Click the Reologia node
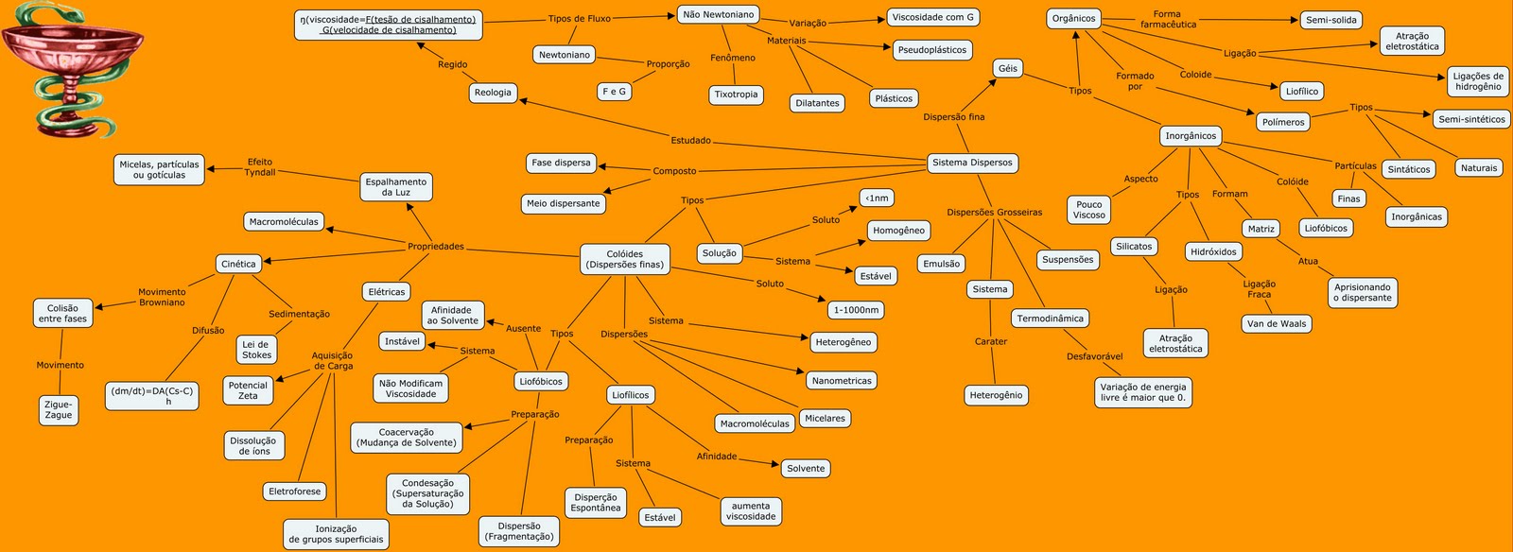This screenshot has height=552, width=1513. (x=493, y=93)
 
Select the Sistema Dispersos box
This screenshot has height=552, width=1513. (x=972, y=163)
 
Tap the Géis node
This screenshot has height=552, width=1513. (x=1008, y=68)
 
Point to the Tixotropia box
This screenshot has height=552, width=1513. (x=736, y=95)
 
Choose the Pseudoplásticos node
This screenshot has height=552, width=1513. (x=932, y=50)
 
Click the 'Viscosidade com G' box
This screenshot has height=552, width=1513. (x=932, y=17)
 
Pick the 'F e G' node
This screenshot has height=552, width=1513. (x=614, y=92)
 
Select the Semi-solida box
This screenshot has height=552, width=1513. (x=1331, y=20)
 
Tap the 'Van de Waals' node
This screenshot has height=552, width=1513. (x=1277, y=323)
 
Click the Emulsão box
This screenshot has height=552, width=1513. (x=942, y=264)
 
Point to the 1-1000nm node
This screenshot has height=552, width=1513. (x=856, y=310)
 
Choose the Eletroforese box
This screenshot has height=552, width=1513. (x=295, y=492)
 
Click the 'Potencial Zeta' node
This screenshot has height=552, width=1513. (x=248, y=390)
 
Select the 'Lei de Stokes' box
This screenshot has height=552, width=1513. (x=256, y=350)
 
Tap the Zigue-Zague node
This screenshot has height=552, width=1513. (x=59, y=409)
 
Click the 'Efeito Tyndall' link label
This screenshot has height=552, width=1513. (x=260, y=167)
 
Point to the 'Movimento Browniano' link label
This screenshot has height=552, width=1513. (x=162, y=298)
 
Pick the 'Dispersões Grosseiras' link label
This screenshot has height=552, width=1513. (x=994, y=213)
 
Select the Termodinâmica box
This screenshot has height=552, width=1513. (x=1050, y=319)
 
